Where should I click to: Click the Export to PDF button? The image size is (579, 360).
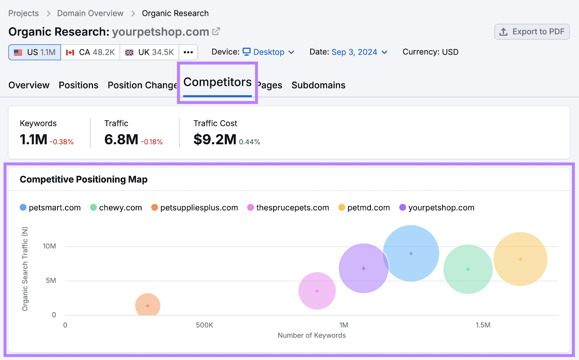coord(532,32)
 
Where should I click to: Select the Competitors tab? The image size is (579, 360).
coord(217,83)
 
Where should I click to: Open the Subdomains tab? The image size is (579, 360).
coord(318,85)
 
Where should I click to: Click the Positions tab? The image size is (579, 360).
coord(79,85)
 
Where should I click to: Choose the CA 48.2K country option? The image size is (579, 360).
coord(90,52)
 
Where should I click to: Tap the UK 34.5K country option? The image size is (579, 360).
coord(149,52)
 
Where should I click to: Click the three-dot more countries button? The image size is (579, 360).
coord(188,52)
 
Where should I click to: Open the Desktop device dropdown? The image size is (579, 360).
coord(269,52)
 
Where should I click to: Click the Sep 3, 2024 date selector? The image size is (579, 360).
coord(359,52)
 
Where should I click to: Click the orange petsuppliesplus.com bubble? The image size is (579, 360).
coord(148,306)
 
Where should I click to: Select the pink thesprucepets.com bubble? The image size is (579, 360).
coord(317,291)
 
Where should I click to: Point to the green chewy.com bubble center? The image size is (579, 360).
coord(468,269)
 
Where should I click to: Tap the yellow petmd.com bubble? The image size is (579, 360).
coord(520,259)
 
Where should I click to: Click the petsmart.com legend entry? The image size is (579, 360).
coord(50,208)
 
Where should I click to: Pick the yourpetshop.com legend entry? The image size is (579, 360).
coord(437,208)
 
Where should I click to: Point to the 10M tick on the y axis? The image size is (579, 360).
coord(50,246)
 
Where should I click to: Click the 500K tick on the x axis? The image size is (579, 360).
coord(204,325)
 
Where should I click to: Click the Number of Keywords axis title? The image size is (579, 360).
coord(312,335)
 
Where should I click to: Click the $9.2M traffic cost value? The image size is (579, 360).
coord(215,139)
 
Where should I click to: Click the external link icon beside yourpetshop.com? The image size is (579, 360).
coord(216,32)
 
